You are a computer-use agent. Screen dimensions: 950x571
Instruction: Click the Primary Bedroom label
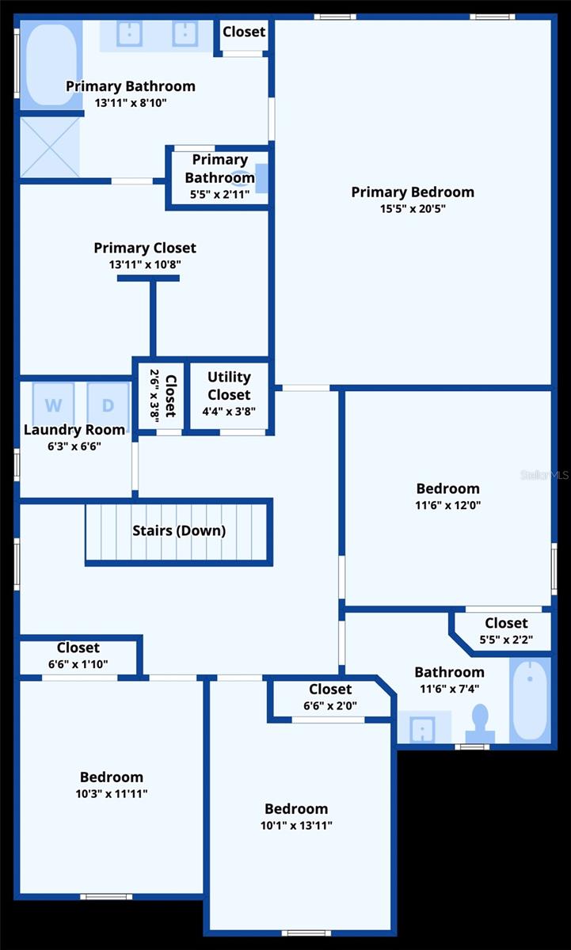click(x=413, y=192)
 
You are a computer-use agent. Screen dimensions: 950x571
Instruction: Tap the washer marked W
click(x=53, y=405)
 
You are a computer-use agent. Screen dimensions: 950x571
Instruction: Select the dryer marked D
click(x=108, y=405)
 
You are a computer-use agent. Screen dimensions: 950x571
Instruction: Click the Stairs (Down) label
click(x=179, y=530)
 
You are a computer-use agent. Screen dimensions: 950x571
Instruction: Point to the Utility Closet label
click(x=229, y=386)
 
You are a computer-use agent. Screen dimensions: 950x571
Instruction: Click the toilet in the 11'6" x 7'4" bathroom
click(x=479, y=724)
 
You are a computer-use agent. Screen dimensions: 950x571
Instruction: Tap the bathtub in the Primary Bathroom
click(x=48, y=64)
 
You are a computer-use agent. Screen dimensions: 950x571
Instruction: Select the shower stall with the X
click(x=49, y=147)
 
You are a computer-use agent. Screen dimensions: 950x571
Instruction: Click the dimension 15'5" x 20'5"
click(x=413, y=209)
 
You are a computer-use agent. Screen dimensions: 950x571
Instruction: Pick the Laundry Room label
click(x=74, y=430)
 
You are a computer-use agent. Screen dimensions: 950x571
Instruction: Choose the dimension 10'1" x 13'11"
click(x=296, y=826)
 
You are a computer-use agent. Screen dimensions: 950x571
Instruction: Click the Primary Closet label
click(x=145, y=248)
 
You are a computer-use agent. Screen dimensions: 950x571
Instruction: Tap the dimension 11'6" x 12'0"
click(x=448, y=505)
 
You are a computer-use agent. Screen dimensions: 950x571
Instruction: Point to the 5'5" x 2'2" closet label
click(x=506, y=623)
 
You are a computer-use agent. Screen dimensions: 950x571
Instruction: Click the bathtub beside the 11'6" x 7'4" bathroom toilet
click(x=530, y=701)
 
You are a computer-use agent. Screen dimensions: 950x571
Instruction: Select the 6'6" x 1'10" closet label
click(x=78, y=648)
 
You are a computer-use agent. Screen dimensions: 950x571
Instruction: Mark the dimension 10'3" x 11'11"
click(x=112, y=794)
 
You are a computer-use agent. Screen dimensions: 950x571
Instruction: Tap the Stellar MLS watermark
click(x=544, y=475)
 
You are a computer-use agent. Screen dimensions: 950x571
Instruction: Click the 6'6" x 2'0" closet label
click(x=330, y=690)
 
